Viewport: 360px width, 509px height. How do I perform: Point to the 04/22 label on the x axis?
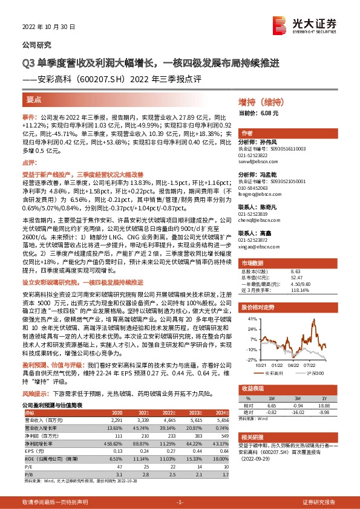click(293, 365)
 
